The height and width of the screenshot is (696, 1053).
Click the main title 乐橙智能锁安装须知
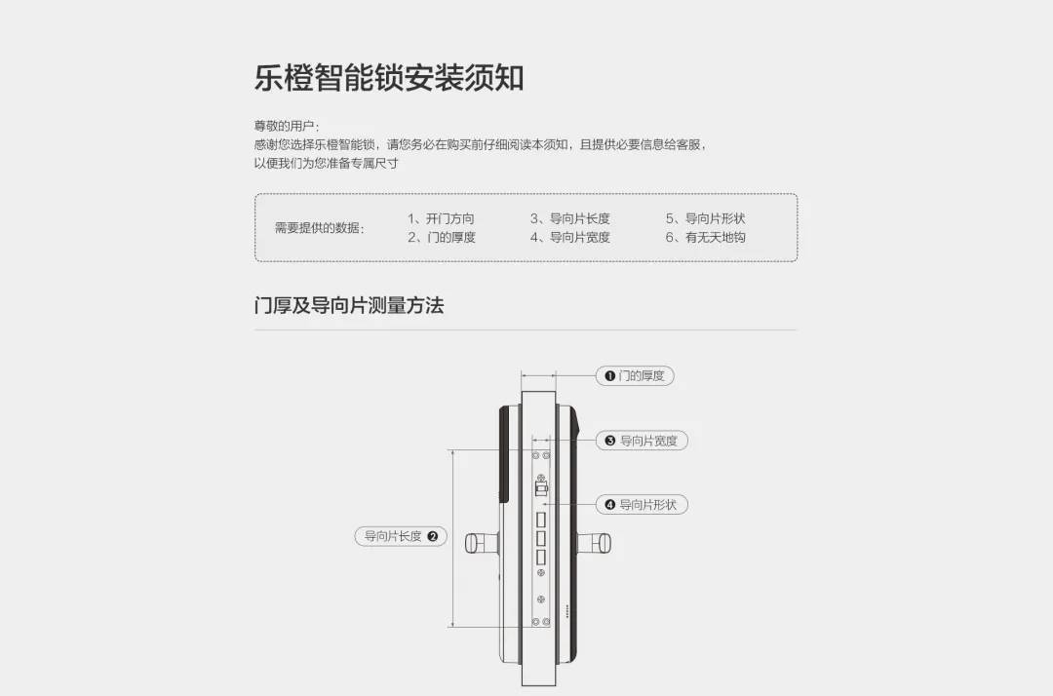389,78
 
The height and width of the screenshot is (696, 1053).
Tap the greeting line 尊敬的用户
286,126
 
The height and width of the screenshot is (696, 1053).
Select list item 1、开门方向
441,218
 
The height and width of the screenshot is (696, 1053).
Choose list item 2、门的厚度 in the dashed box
442,237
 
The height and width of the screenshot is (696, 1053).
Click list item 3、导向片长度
569,218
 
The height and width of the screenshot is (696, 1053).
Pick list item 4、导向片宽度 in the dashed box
569,237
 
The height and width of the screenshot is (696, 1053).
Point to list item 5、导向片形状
705,218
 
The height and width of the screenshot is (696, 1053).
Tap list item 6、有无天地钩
705,237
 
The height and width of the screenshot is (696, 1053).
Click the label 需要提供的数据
319,227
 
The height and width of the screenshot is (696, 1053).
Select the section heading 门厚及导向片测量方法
349,305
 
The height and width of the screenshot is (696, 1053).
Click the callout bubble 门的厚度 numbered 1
635,376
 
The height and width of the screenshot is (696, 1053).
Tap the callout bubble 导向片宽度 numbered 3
642,441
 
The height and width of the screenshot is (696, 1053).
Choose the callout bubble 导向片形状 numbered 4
642,505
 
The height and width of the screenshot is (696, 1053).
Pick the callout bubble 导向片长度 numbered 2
401,536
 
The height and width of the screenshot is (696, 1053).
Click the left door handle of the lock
483,542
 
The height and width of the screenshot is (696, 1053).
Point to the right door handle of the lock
595,542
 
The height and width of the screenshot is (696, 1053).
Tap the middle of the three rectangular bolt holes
540,538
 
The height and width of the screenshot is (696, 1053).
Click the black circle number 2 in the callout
433,536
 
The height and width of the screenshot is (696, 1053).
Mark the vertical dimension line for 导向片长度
454,538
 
